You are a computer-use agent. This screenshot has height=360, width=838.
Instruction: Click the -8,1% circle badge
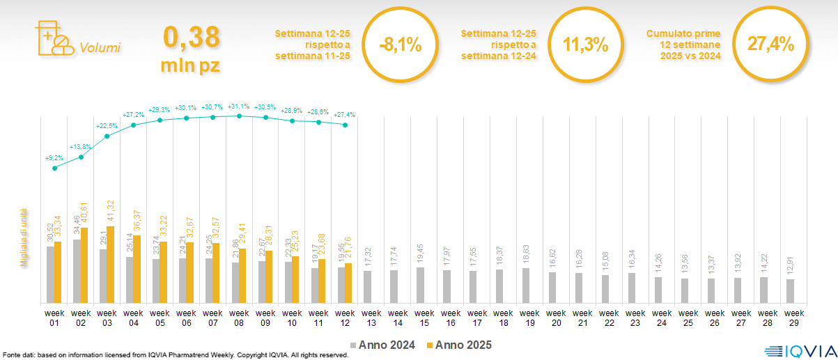pyautogui.click(x=401, y=45)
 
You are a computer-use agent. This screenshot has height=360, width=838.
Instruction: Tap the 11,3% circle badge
pyautogui.click(x=585, y=45)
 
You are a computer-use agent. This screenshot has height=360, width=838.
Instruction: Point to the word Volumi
pyautogui.click(x=100, y=48)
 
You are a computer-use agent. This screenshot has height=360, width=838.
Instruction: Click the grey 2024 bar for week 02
pyautogui.click(x=77, y=272)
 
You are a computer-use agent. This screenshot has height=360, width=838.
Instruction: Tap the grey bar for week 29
pyautogui.click(x=790, y=291)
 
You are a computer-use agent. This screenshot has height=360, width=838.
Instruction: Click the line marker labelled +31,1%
pyautogui.click(x=239, y=116)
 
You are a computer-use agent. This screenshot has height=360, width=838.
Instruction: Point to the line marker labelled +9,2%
pyautogui.click(x=55, y=168)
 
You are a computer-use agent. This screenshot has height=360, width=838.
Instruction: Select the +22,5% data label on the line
pyautogui.click(x=107, y=126)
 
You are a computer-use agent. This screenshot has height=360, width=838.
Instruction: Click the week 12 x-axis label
pyautogui.click(x=345, y=318)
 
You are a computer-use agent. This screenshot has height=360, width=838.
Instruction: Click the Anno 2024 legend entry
pyautogui.click(x=382, y=345)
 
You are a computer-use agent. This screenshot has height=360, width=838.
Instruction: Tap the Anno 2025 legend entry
pyautogui.click(x=459, y=345)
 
